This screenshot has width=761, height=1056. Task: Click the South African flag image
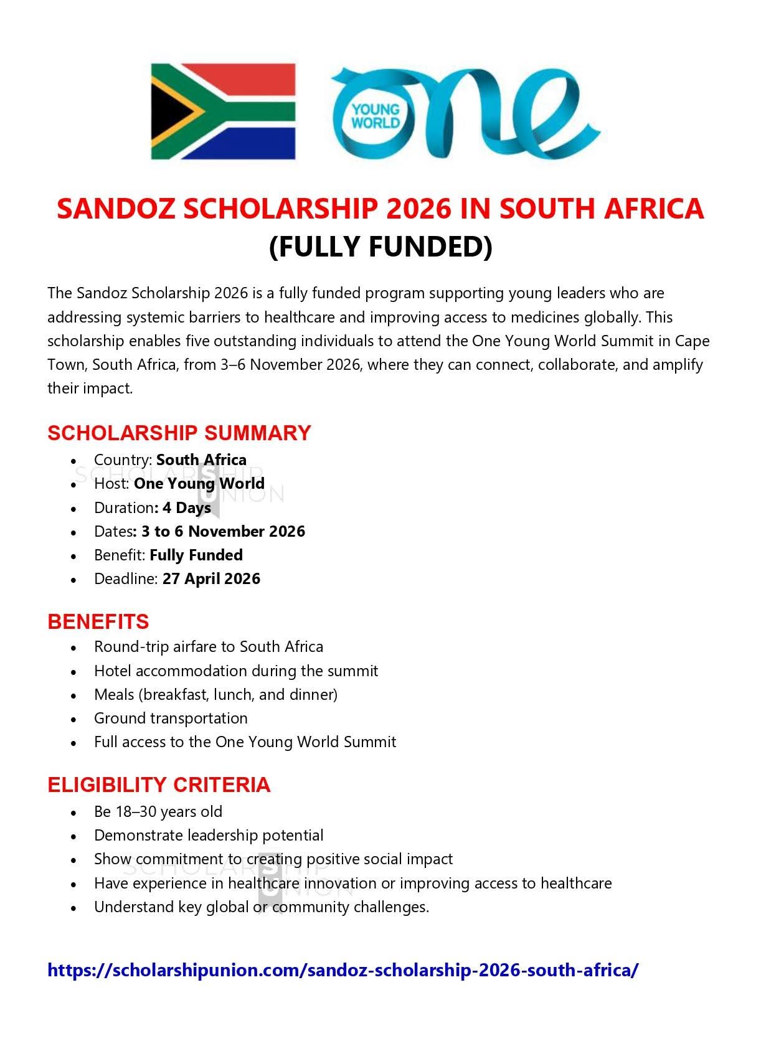223,111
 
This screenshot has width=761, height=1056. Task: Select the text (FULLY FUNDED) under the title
380,247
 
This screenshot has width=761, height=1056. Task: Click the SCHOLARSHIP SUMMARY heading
179,433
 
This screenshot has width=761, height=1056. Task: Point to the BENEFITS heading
98,621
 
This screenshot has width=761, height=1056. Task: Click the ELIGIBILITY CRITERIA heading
159,785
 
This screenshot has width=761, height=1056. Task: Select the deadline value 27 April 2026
211,578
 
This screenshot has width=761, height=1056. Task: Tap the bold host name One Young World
199,484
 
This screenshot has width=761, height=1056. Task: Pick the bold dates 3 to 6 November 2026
223,531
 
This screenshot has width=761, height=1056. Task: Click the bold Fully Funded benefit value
196,555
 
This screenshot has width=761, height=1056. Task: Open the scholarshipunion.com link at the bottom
343,970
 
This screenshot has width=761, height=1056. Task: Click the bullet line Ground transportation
171,718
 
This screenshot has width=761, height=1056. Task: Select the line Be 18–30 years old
158,811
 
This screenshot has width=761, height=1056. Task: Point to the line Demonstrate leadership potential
209,835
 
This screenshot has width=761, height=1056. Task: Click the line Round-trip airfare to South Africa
209,646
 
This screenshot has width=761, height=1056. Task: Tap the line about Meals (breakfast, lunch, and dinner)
215,694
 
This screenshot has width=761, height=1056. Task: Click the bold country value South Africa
201,460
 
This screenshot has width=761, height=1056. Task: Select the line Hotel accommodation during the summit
236,671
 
